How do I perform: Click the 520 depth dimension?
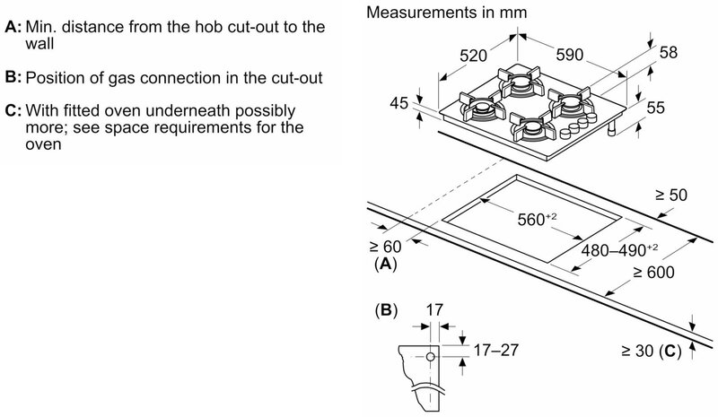pyautogui.click(x=473, y=56)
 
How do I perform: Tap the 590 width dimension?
pyautogui.click(x=570, y=55)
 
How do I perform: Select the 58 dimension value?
pyautogui.click(x=668, y=52)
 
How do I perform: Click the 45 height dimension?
pyautogui.click(x=398, y=103)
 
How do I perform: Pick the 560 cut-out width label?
pyautogui.click(x=537, y=219)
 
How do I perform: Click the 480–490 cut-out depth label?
pyautogui.click(x=619, y=250)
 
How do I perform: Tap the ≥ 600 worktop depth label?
pyautogui.click(x=654, y=273)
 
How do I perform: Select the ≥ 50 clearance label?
pyautogui.click(x=671, y=195)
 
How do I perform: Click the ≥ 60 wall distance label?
pyautogui.click(x=386, y=247)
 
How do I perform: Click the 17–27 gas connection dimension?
pyautogui.click(x=496, y=350)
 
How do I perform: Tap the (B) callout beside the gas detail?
pyautogui.click(x=386, y=311)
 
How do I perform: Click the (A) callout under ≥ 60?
pyautogui.click(x=386, y=265)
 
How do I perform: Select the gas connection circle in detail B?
pyautogui.click(x=431, y=357)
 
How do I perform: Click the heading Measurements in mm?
pyautogui.click(x=446, y=13)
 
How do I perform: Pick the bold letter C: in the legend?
pyautogui.click(x=13, y=111)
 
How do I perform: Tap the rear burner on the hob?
pyautogui.click(x=520, y=82)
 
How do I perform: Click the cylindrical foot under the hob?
pyautogui.click(x=611, y=130)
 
